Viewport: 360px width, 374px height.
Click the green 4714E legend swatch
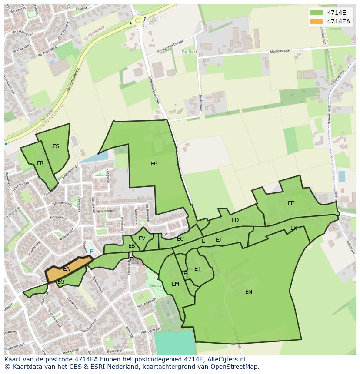[x=316, y=13]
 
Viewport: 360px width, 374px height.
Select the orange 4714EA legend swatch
[x=316, y=21]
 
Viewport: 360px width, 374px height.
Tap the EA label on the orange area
[x=66, y=269]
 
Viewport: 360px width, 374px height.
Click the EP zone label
[x=154, y=164]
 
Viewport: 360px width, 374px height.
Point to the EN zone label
[x=249, y=292]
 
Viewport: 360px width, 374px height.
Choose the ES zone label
[x=56, y=146]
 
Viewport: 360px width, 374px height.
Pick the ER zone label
[x=40, y=163]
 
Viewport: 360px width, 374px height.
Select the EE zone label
[x=291, y=203]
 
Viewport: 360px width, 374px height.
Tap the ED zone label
[x=235, y=220]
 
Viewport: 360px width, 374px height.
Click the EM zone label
[x=175, y=284]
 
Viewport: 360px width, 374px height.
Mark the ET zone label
[x=197, y=269]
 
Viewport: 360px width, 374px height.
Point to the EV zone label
[x=142, y=238]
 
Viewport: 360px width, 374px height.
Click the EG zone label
[x=61, y=282]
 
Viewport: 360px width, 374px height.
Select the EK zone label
[x=293, y=228]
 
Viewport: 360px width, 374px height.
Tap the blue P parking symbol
[x=91, y=251]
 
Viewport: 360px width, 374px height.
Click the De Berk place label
[x=190, y=52]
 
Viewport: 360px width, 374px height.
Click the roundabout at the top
[x=138, y=20]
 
